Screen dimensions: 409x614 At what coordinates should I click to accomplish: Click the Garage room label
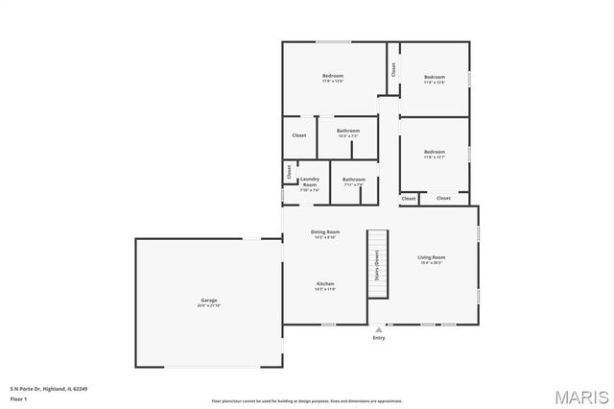click(208, 301)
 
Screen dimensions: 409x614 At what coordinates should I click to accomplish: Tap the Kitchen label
click(325, 284)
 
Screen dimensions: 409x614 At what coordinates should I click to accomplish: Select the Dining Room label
click(325, 232)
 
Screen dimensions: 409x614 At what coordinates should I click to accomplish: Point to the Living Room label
click(431, 257)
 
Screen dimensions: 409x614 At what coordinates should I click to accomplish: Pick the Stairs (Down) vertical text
click(377, 265)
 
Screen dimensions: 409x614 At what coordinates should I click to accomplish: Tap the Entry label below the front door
click(378, 337)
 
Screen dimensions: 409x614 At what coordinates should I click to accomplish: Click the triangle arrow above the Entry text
click(378, 328)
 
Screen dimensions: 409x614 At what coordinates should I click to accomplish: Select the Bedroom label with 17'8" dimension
click(333, 76)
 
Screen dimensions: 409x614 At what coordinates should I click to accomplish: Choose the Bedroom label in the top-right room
click(435, 77)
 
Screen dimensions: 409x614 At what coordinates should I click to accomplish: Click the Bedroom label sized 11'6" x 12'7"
click(435, 152)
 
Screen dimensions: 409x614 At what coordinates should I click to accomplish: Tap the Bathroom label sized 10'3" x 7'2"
click(347, 132)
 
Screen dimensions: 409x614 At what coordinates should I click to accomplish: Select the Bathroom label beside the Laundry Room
click(354, 180)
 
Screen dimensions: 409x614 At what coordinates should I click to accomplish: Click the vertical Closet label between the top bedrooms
click(393, 68)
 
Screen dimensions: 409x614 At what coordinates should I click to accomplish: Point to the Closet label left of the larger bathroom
click(299, 135)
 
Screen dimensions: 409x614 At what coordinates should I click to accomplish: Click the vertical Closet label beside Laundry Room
click(288, 172)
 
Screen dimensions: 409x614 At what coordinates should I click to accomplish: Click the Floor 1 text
click(17, 397)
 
